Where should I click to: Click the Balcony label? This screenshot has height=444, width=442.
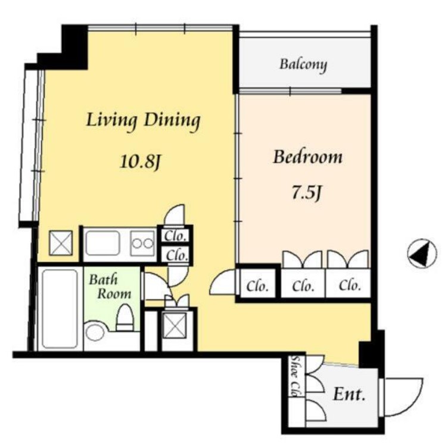click(x=303, y=65)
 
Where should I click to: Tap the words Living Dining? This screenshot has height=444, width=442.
click(x=143, y=121)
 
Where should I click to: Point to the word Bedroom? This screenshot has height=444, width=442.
click(x=307, y=157)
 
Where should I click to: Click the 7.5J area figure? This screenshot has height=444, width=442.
click(x=306, y=193)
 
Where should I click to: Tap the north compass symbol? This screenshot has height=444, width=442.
click(x=422, y=254)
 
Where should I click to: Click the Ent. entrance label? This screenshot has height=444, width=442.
click(x=348, y=394)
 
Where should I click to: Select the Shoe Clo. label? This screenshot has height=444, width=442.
click(x=297, y=376)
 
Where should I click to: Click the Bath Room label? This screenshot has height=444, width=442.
click(x=110, y=287)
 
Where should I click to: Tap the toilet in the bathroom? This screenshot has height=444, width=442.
click(x=125, y=317)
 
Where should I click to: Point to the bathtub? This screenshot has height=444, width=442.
click(x=60, y=309)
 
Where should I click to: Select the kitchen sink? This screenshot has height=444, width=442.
click(x=102, y=243)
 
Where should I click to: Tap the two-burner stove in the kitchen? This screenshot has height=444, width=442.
click(x=143, y=243)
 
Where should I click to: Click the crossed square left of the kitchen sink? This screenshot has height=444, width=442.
click(x=61, y=243)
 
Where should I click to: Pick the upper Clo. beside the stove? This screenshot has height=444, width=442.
click(x=175, y=236)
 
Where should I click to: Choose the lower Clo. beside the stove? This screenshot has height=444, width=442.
click(x=177, y=256)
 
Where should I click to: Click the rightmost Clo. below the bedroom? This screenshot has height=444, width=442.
click(x=350, y=286)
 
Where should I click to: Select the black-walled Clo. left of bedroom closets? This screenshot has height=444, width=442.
click(x=257, y=286)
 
